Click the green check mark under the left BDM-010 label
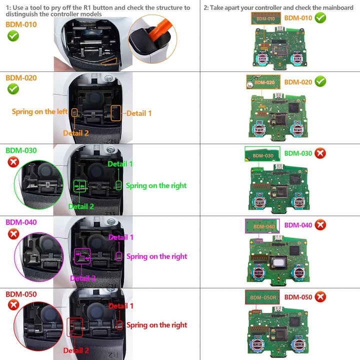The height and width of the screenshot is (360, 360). [x=13, y=36]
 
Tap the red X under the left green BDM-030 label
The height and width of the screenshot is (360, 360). [x=13, y=162]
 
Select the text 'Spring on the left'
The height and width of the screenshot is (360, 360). [x=40, y=111]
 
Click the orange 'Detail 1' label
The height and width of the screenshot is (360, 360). [x=139, y=113]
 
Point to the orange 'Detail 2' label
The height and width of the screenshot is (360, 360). [x=76, y=133]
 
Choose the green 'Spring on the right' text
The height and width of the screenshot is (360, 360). [x=156, y=185]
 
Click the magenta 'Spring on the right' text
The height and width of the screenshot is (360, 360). [x=156, y=256]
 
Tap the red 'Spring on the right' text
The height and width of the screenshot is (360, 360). [x=156, y=325]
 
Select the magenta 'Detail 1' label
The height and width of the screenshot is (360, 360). [x=121, y=237]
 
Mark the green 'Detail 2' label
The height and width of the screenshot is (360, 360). [x=81, y=206]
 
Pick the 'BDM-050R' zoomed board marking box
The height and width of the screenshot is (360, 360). [x=263, y=297]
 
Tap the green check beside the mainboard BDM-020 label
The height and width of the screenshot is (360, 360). [x=321, y=81]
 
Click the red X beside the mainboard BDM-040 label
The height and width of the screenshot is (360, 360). [x=320, y=225]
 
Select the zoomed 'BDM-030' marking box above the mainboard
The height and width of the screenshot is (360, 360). [x=263, y=154]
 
